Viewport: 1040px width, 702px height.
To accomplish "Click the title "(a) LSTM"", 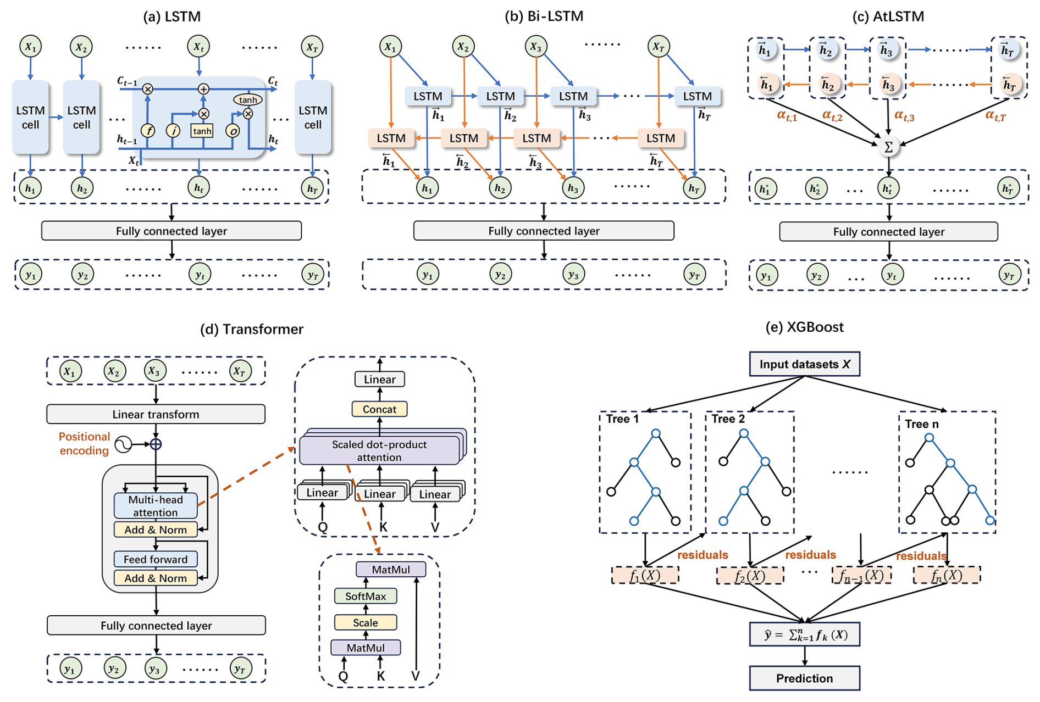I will (172, 16).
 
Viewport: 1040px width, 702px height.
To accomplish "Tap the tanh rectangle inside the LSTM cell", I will (202, 131).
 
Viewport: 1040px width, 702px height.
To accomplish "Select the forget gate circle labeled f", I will (148, 131).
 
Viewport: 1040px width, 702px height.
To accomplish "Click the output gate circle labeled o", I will (233, 131).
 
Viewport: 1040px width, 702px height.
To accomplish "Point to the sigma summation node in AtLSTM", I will (888, 147).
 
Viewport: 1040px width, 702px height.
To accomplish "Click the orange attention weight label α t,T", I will (995, 115).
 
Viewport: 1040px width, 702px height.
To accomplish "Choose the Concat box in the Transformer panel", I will (379, 409).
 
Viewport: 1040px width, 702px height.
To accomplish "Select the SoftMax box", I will (366, 596).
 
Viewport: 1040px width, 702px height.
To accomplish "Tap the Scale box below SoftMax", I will (366, 622).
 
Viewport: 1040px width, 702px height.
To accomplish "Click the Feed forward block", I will (156, 559).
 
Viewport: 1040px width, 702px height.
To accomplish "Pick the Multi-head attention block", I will (156, 506).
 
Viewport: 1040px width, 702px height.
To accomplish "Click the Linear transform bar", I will (156, 414).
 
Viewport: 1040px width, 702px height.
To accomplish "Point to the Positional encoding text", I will (84, 443).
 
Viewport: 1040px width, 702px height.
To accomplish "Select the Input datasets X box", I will (804, 364).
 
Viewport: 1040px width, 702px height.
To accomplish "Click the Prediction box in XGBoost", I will (804, 678).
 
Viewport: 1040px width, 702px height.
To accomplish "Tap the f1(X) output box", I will (645, 576).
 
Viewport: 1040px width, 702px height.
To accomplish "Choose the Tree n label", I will (922, 424).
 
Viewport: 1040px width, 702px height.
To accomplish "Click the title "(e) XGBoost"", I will (804, 327).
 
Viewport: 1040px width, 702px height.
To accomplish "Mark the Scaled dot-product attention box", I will (379, 450).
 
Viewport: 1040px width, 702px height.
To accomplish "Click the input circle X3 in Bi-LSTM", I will (535, 47).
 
